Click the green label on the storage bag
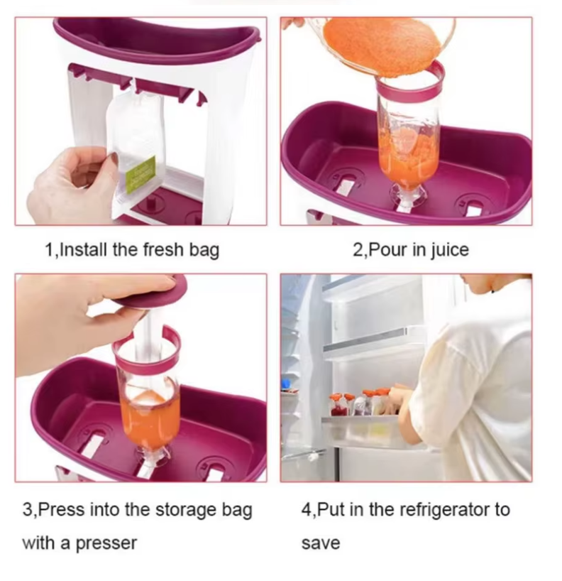coord(140,174)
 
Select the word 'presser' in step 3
coord(106,544)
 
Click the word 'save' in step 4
coord(321,544)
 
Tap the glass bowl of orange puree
coord(381,45)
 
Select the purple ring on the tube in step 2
coord(410,82)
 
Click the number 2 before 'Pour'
coord(358,250)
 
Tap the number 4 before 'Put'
coord(307,511)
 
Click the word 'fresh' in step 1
coord(163,249)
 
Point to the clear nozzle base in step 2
coord(407,195)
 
